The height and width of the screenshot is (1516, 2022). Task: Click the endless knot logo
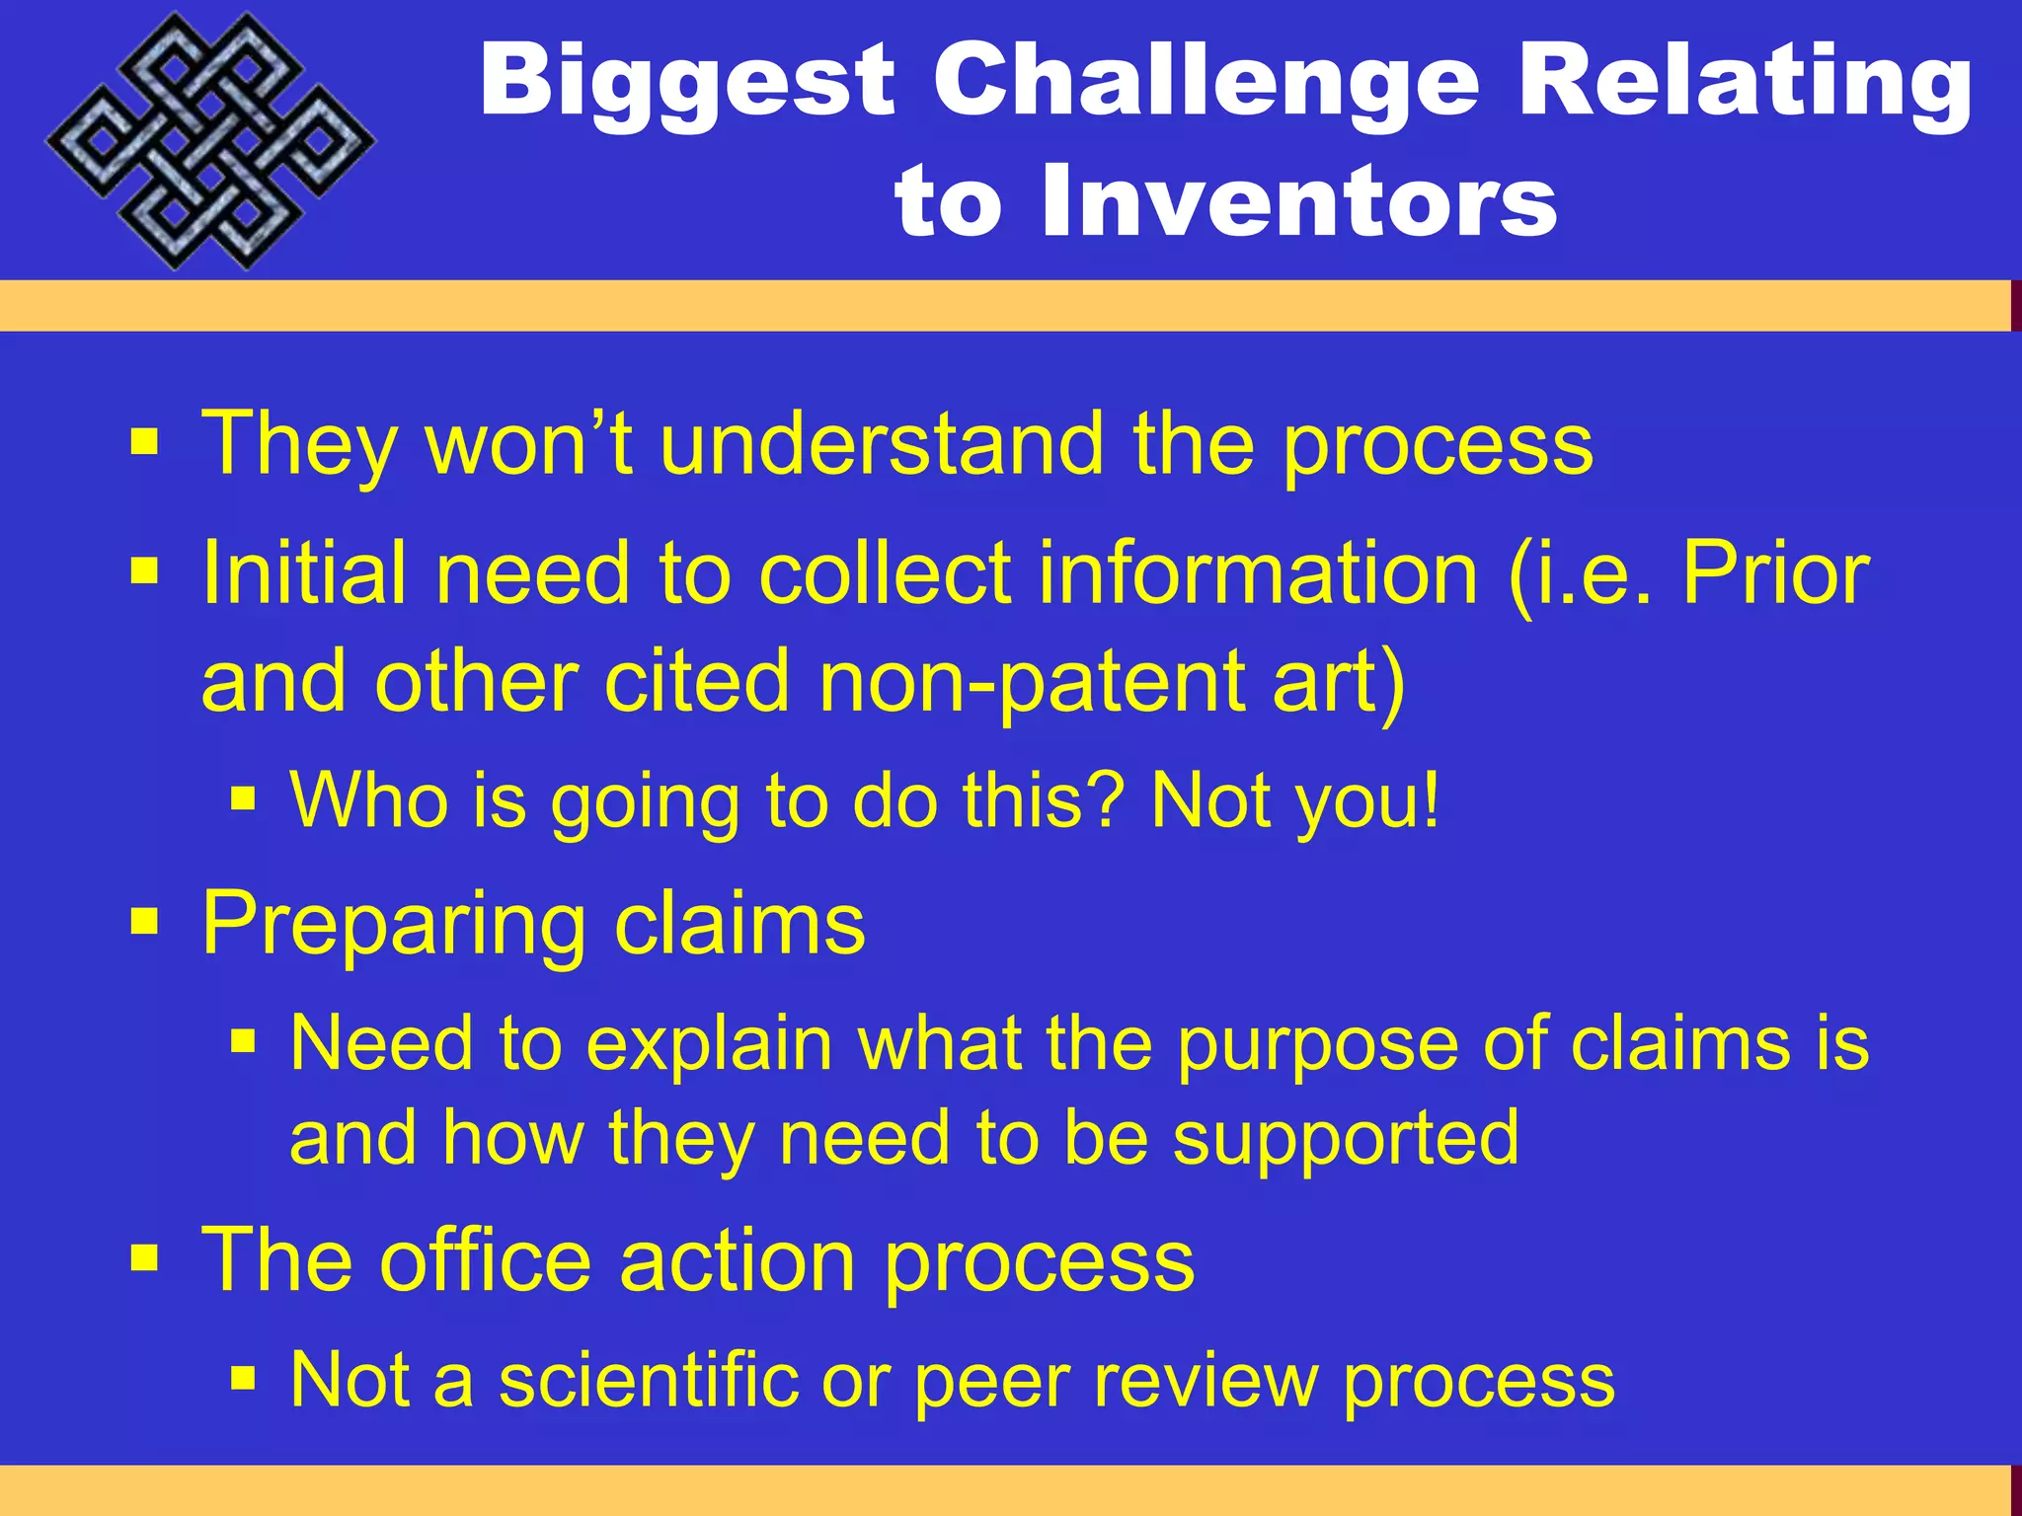click(x=210, y=141)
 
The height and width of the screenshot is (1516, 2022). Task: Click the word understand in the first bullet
click(x=882, y=444)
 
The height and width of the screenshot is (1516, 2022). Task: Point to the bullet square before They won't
click(x=144, y=443)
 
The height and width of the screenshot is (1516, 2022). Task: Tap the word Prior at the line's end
click(x=1774, y=573)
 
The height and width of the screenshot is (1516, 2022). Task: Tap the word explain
click(x=710, y=1043)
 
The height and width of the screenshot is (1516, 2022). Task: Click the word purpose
click(x=1316, y=1045)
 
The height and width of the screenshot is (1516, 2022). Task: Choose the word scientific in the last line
click(x=648, y=1379)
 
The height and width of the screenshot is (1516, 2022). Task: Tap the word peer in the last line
click(x=991, y=1381)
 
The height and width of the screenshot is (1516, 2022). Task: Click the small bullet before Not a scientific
click(x=243, y=1377)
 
